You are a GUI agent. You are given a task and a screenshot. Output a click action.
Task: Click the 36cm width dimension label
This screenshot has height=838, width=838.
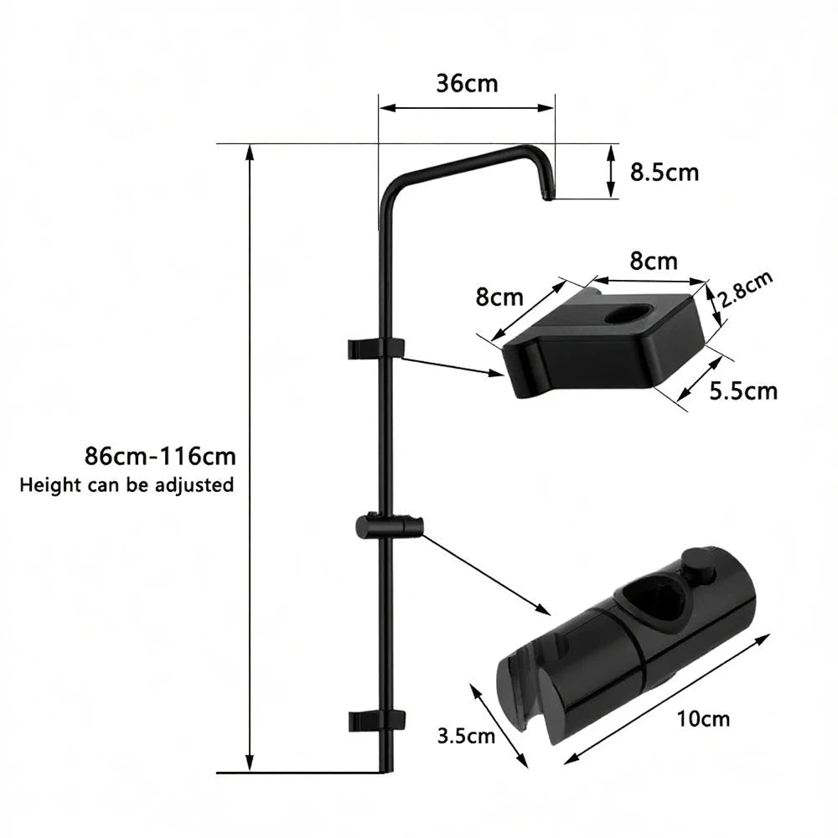coord(467,84)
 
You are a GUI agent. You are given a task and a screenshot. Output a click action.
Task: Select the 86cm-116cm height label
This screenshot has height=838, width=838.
coord(160,457)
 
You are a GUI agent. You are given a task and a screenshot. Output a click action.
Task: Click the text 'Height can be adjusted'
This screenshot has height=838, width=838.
coord(127,484)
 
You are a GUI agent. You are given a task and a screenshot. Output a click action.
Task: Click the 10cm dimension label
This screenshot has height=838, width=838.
coord(704,718)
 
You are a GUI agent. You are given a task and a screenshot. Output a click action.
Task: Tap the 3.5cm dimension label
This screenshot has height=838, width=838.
coord(466,737)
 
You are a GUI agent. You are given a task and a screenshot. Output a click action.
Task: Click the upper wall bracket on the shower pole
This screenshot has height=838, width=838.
coord(375,346)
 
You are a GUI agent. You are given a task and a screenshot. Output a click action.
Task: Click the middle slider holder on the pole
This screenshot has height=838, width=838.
coord(388,527)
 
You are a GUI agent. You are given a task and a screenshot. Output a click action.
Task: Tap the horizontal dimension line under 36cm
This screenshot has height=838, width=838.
coord(467,107)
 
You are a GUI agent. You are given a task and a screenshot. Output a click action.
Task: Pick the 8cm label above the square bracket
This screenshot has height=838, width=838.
coord(654,261)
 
